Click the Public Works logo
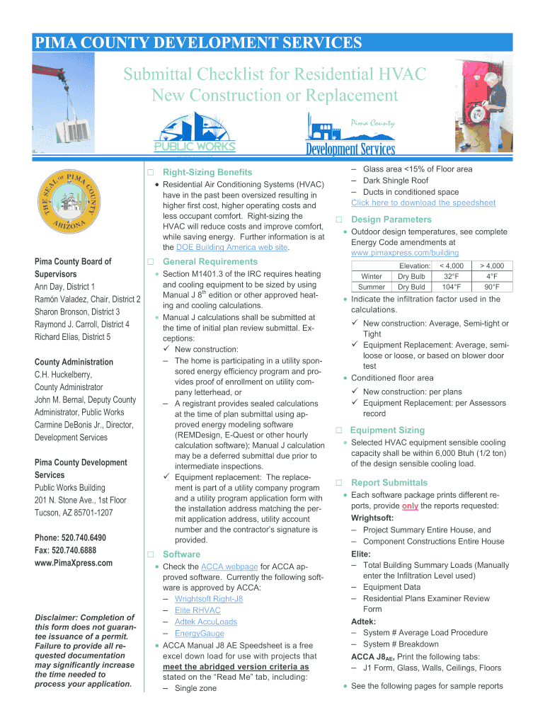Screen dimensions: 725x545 [x=195, y=135]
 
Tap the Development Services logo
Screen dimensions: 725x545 [x=350, y=135]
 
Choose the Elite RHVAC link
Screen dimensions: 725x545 [x=197, y=610]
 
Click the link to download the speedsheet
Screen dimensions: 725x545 [x=423, y=202]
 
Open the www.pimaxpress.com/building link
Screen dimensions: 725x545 [x=404, y=253]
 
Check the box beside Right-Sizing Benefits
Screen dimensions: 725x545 [x=150, y=173]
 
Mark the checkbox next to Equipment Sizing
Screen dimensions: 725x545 [x=339, y=430]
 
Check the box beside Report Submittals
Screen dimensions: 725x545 [x=339, y=483]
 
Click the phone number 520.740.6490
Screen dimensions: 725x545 [x=71, y=537]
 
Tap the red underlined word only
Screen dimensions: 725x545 [x=410, y=506]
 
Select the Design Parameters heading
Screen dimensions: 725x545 [x=391, y=219]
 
